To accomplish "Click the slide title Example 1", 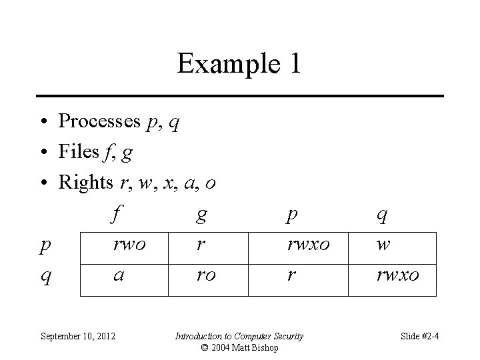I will tap(239, 64).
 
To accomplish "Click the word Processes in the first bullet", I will tap(99, 121).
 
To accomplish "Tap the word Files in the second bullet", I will tap(79, 153).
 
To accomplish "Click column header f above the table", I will tap(117, 215).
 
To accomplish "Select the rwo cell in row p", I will tap(129, 244).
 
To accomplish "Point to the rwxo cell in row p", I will tap(308, 244).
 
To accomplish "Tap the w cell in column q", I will tap(383, 244).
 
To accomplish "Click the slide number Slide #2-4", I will tap(419, 336).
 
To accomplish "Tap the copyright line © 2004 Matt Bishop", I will tap(239, 347).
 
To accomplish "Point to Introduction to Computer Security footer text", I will tap(239, 336).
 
